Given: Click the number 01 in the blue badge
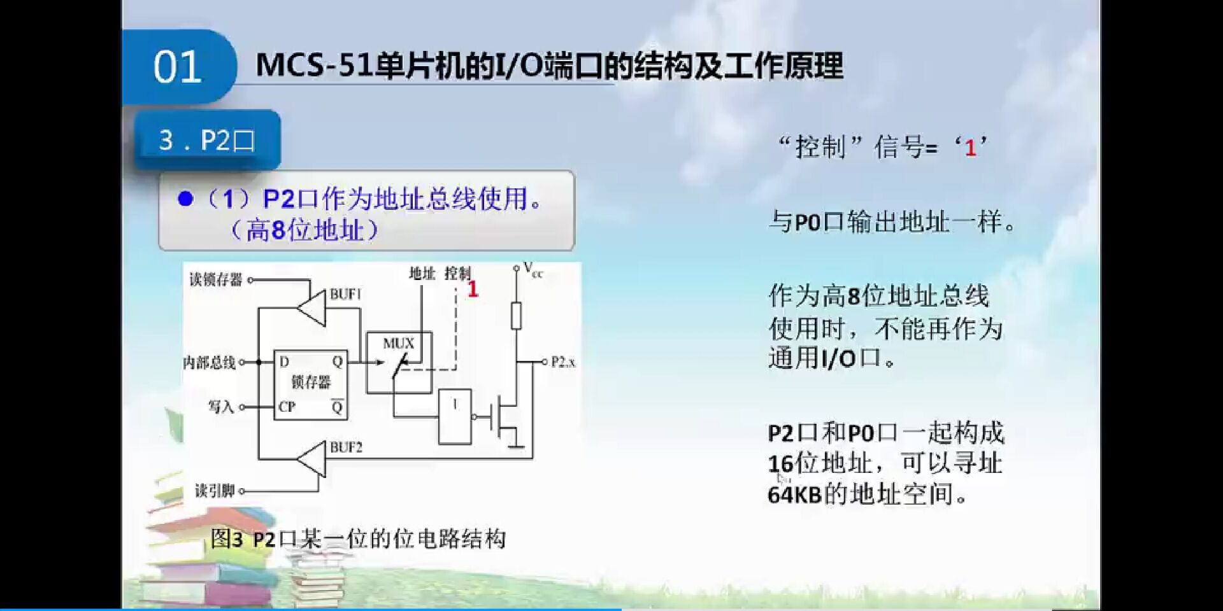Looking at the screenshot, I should click(177, 67).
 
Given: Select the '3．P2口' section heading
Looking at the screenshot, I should click(207, 140).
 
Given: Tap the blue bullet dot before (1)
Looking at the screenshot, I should click(185, 199).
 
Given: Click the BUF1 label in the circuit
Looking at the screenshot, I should click(345, 294).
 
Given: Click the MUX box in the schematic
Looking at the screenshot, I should click(399, 361).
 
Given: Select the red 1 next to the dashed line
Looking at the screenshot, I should click(472, 290).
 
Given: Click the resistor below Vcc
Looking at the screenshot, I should click(516, 316).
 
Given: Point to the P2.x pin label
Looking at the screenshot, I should click(563, 362).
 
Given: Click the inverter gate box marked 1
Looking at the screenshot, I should click(455, 417).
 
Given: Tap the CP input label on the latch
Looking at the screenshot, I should click(287, 407).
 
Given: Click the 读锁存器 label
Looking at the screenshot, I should click(215, 280).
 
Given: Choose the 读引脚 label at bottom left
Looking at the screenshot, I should click(215, 491).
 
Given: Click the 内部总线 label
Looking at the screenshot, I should click(209, 363).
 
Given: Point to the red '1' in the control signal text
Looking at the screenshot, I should click(970, 148).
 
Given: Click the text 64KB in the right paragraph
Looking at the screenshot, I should click(794, 495).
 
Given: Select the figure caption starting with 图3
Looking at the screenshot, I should click(358, 539).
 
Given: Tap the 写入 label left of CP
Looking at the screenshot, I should click(221, 407).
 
